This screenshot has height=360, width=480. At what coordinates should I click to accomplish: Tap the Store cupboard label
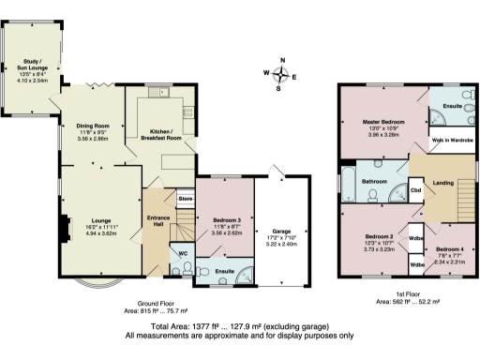point(185,199)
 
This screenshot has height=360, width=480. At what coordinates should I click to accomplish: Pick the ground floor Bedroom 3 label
point(225,217)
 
